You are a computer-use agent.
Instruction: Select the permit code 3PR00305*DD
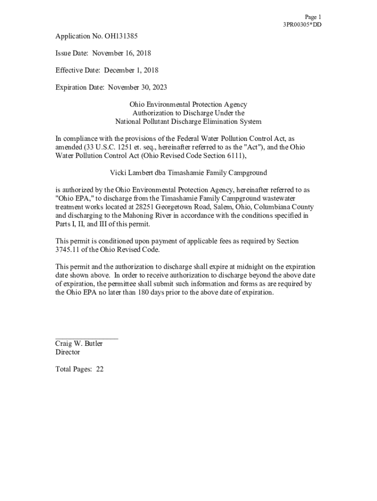tap(302, 25)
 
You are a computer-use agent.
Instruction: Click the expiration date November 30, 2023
tap(137, 88)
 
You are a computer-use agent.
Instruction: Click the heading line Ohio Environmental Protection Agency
tap(188, 105)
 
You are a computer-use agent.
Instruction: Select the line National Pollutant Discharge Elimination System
tap(188, 121)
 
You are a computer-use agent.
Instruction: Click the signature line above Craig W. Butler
tap(87, 338)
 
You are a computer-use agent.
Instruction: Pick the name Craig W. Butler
tap(79, 344)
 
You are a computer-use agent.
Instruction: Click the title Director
tap(68, 352)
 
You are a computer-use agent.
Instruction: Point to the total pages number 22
tap(99, 369)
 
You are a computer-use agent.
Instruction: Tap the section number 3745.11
tap(67, 250)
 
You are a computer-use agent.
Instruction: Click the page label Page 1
tap(313, 17)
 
